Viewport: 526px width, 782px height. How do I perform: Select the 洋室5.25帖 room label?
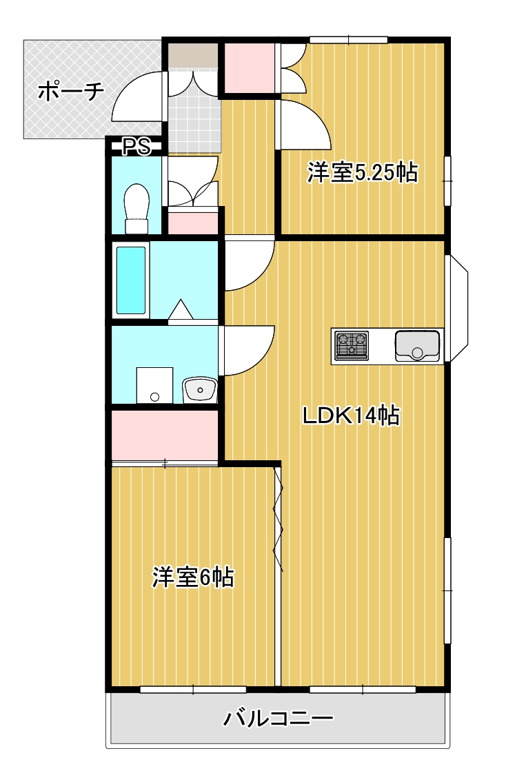pos(363,173)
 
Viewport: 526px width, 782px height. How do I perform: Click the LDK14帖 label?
pos(352,415)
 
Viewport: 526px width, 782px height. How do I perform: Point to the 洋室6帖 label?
pos(193,577)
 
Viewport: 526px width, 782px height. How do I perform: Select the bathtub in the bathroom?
pos(131,280)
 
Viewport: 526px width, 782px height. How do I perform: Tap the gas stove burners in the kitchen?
pos(351,344)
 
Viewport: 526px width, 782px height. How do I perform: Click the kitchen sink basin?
pos(417,345)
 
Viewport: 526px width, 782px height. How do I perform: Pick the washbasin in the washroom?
pos(200,390)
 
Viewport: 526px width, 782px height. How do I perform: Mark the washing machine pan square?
pos(154,384)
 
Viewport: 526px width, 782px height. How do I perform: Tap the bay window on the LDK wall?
pos(458,307)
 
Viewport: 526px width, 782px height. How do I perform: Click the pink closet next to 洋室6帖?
pos(165,434)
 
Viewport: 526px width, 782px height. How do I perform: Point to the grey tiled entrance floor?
pos(194,124)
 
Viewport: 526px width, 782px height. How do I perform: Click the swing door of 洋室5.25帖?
pos(303,124)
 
